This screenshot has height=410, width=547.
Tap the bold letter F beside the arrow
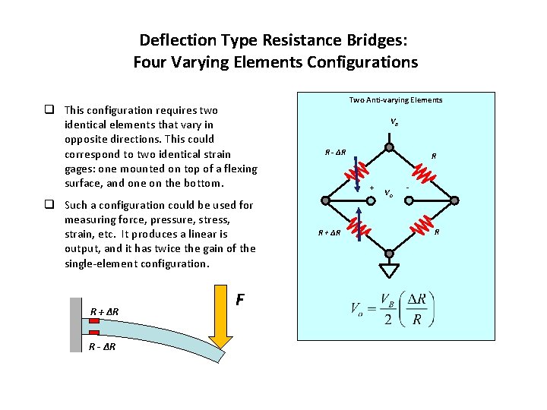[240, 300]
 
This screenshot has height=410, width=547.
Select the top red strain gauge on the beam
[94, 321]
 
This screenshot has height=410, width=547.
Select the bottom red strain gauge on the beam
[94, 333]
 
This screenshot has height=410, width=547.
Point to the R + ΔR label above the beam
[104, 311]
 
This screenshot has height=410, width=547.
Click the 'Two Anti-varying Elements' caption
[395, 100]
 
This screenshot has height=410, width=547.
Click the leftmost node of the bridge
[326, 200]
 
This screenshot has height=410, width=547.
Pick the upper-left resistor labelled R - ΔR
[356, 172]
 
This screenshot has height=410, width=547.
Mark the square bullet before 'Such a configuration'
[48, 205]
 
